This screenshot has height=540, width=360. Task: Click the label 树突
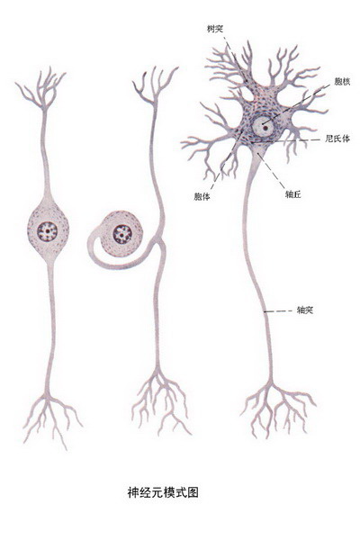click(214, 29)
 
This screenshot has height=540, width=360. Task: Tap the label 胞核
click(342, 82)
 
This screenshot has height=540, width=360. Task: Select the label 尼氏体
click(337, 139)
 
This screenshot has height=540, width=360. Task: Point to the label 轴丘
click(293, 194)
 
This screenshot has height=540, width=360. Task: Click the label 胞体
click(202, 196)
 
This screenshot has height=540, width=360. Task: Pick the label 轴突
click(305, 310)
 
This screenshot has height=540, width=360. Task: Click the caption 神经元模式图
click(163, 492)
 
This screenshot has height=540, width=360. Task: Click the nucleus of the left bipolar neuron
click(47, 230)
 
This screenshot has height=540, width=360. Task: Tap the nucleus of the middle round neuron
click(122, 234)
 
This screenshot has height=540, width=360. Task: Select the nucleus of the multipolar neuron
click(264, 127)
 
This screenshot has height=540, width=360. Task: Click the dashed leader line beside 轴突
click(278, 311)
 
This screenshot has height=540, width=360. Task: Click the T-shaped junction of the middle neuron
click(160, 241)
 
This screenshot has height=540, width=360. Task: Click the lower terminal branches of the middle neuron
click(159, 400)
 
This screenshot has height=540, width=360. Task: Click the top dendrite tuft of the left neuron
click(42, 89)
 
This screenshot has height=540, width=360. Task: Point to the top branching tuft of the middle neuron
click(154, 86)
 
